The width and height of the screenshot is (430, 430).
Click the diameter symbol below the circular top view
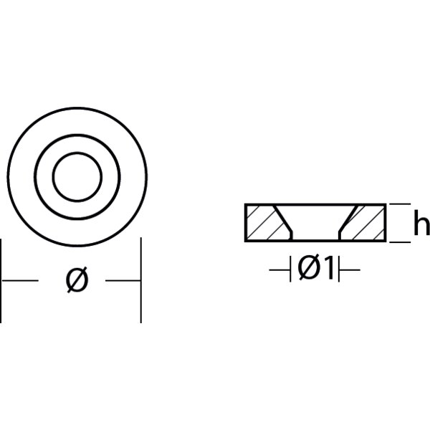(77, 281)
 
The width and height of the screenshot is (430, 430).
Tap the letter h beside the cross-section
(421, 224)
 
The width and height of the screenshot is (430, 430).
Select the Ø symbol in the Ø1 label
(307, 269)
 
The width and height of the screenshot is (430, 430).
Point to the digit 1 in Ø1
(328, 269)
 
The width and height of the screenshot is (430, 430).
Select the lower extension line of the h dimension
(400, 242)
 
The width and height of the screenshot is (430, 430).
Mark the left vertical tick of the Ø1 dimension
(291, 269)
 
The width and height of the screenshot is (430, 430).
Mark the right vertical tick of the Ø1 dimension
(339, 269)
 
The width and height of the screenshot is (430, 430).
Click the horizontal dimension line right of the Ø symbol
(122, 281)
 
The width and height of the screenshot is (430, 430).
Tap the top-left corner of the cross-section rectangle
(246, 205)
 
